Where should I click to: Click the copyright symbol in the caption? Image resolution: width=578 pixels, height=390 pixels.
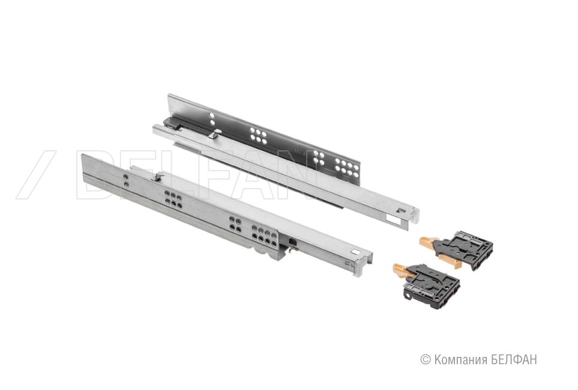426,359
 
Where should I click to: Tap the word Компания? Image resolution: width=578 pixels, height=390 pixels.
460,360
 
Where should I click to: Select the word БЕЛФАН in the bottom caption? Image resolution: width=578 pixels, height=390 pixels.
514,359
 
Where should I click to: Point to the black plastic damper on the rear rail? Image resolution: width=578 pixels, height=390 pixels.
184,125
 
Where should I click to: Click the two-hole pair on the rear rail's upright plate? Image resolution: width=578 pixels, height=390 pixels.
212,119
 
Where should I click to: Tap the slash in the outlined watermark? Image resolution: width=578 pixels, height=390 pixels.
36,174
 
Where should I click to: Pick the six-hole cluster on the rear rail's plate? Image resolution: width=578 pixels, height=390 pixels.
259,136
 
